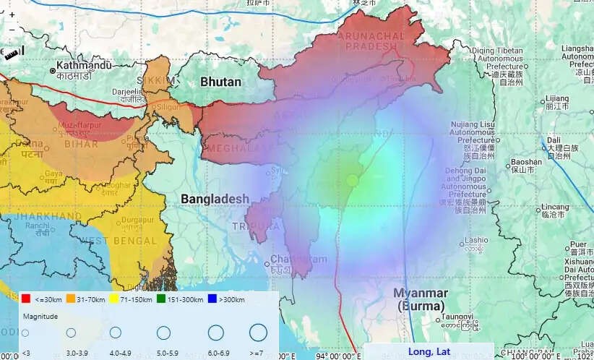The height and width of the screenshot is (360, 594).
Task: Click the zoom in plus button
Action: (12, 14)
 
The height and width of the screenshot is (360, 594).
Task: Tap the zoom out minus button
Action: (12, 29)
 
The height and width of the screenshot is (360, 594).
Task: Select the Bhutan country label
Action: (220, 82)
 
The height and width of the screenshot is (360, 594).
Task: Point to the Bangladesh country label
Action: (215, 199)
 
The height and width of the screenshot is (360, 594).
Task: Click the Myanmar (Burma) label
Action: (421, 299)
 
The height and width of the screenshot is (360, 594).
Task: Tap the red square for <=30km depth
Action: (25, 299)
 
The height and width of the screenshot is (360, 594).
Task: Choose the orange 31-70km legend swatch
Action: (71, 299)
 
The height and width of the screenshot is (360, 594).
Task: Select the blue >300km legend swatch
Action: (212, 299)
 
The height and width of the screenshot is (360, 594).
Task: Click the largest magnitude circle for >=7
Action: (258, 333)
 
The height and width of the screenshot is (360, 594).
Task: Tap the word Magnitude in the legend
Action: (40, 316)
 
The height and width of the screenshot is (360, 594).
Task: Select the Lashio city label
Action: (475, 240)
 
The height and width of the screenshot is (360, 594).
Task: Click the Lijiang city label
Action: (556, 98)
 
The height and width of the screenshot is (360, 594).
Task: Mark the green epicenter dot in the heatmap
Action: (353, 180)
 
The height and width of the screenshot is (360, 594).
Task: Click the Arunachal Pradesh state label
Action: (372, 40)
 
